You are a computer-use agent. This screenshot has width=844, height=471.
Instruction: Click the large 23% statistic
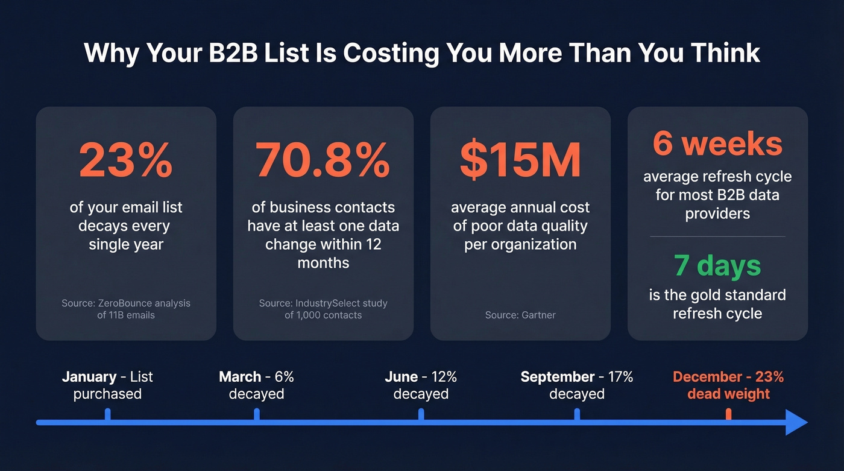pyautogui.click(x=125, y=160)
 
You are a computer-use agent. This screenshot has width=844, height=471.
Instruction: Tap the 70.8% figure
pyautogui.click(x=323, y=160)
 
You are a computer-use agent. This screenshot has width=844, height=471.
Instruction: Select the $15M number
pyautogui.click(x=520, y=160)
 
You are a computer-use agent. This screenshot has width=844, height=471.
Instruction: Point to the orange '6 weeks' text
pyautogui.click(x=717, y=144)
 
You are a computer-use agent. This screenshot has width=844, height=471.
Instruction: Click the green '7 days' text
pyautogui.click(x=717, y=265)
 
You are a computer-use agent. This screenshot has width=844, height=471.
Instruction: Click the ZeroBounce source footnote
pyautogui.click(x=125, y=309)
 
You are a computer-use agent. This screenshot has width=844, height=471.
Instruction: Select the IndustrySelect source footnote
pyautogui.click(x=323, y=309)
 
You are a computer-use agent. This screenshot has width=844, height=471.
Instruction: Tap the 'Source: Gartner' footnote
pyautogui.click(x=520, y=315)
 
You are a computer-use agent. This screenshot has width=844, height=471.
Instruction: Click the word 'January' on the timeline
pyautogui.click(x=89, y=377)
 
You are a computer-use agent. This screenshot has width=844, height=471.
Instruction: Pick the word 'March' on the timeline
pyautogui.click(x=240, y=377)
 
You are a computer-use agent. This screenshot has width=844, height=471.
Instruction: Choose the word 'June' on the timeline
pyautogui.click(x=402, y=377)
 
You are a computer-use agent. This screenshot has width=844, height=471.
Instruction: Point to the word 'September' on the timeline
pyautogui.click(x=558, y=377)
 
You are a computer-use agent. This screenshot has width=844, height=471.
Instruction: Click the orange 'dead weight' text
pyautogui.click(x=728, y=394)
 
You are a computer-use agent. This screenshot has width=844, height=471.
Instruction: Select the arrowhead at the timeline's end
pyautogui.click(x=796, y=422)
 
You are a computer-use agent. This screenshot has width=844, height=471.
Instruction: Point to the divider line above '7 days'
pyautogui.click(x=717, y=236)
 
